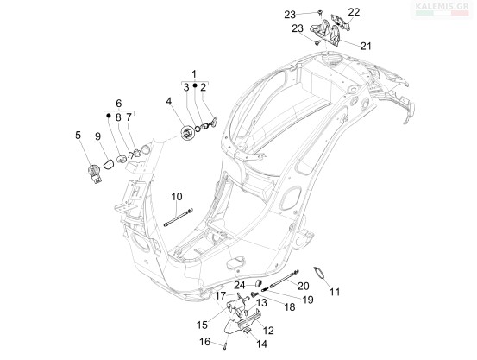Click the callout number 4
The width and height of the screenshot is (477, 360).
pyautogui.click(x=169, y=101)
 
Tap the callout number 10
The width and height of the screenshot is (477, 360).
pyautogui.click(x=177, y=197)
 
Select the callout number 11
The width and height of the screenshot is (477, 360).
pyautogui.click(x=335, y=292)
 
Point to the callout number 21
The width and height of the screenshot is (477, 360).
pyautogui.click(x=366, y=46)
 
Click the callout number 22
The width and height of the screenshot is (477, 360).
pyautogui.click(x=354, y=12)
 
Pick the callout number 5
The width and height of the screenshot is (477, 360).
pyautogui.click(x=78, y=135)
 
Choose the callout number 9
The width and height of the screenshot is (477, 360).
pyautogui.click(x=97, y=136)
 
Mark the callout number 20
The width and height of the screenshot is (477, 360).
pyautogui.click(x=304, y=286)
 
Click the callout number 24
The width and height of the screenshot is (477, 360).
pyautogui.click(x=240, y=286)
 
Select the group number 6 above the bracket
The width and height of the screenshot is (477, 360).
pyautogui.click(x=119, y=103)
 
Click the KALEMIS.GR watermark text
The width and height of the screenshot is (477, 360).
pyautogui.click(x=442, y=6)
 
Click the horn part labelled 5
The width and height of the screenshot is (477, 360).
pyautogui.click(x=94, y=174)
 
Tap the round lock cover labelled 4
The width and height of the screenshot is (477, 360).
pyautogui.click(x=187, y=133)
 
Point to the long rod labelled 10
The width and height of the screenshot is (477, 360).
pyautogui.click(x=179, y=218)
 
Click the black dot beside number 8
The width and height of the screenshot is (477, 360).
pyautogui.click(x=109, y=115)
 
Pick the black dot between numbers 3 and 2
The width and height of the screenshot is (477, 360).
pyautogui.click(x=195, y=85)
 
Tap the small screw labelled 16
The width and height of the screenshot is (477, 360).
pyautogui.click(x=225, y=346)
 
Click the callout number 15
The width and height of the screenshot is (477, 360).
pyautogui.click(x=202, y=325)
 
